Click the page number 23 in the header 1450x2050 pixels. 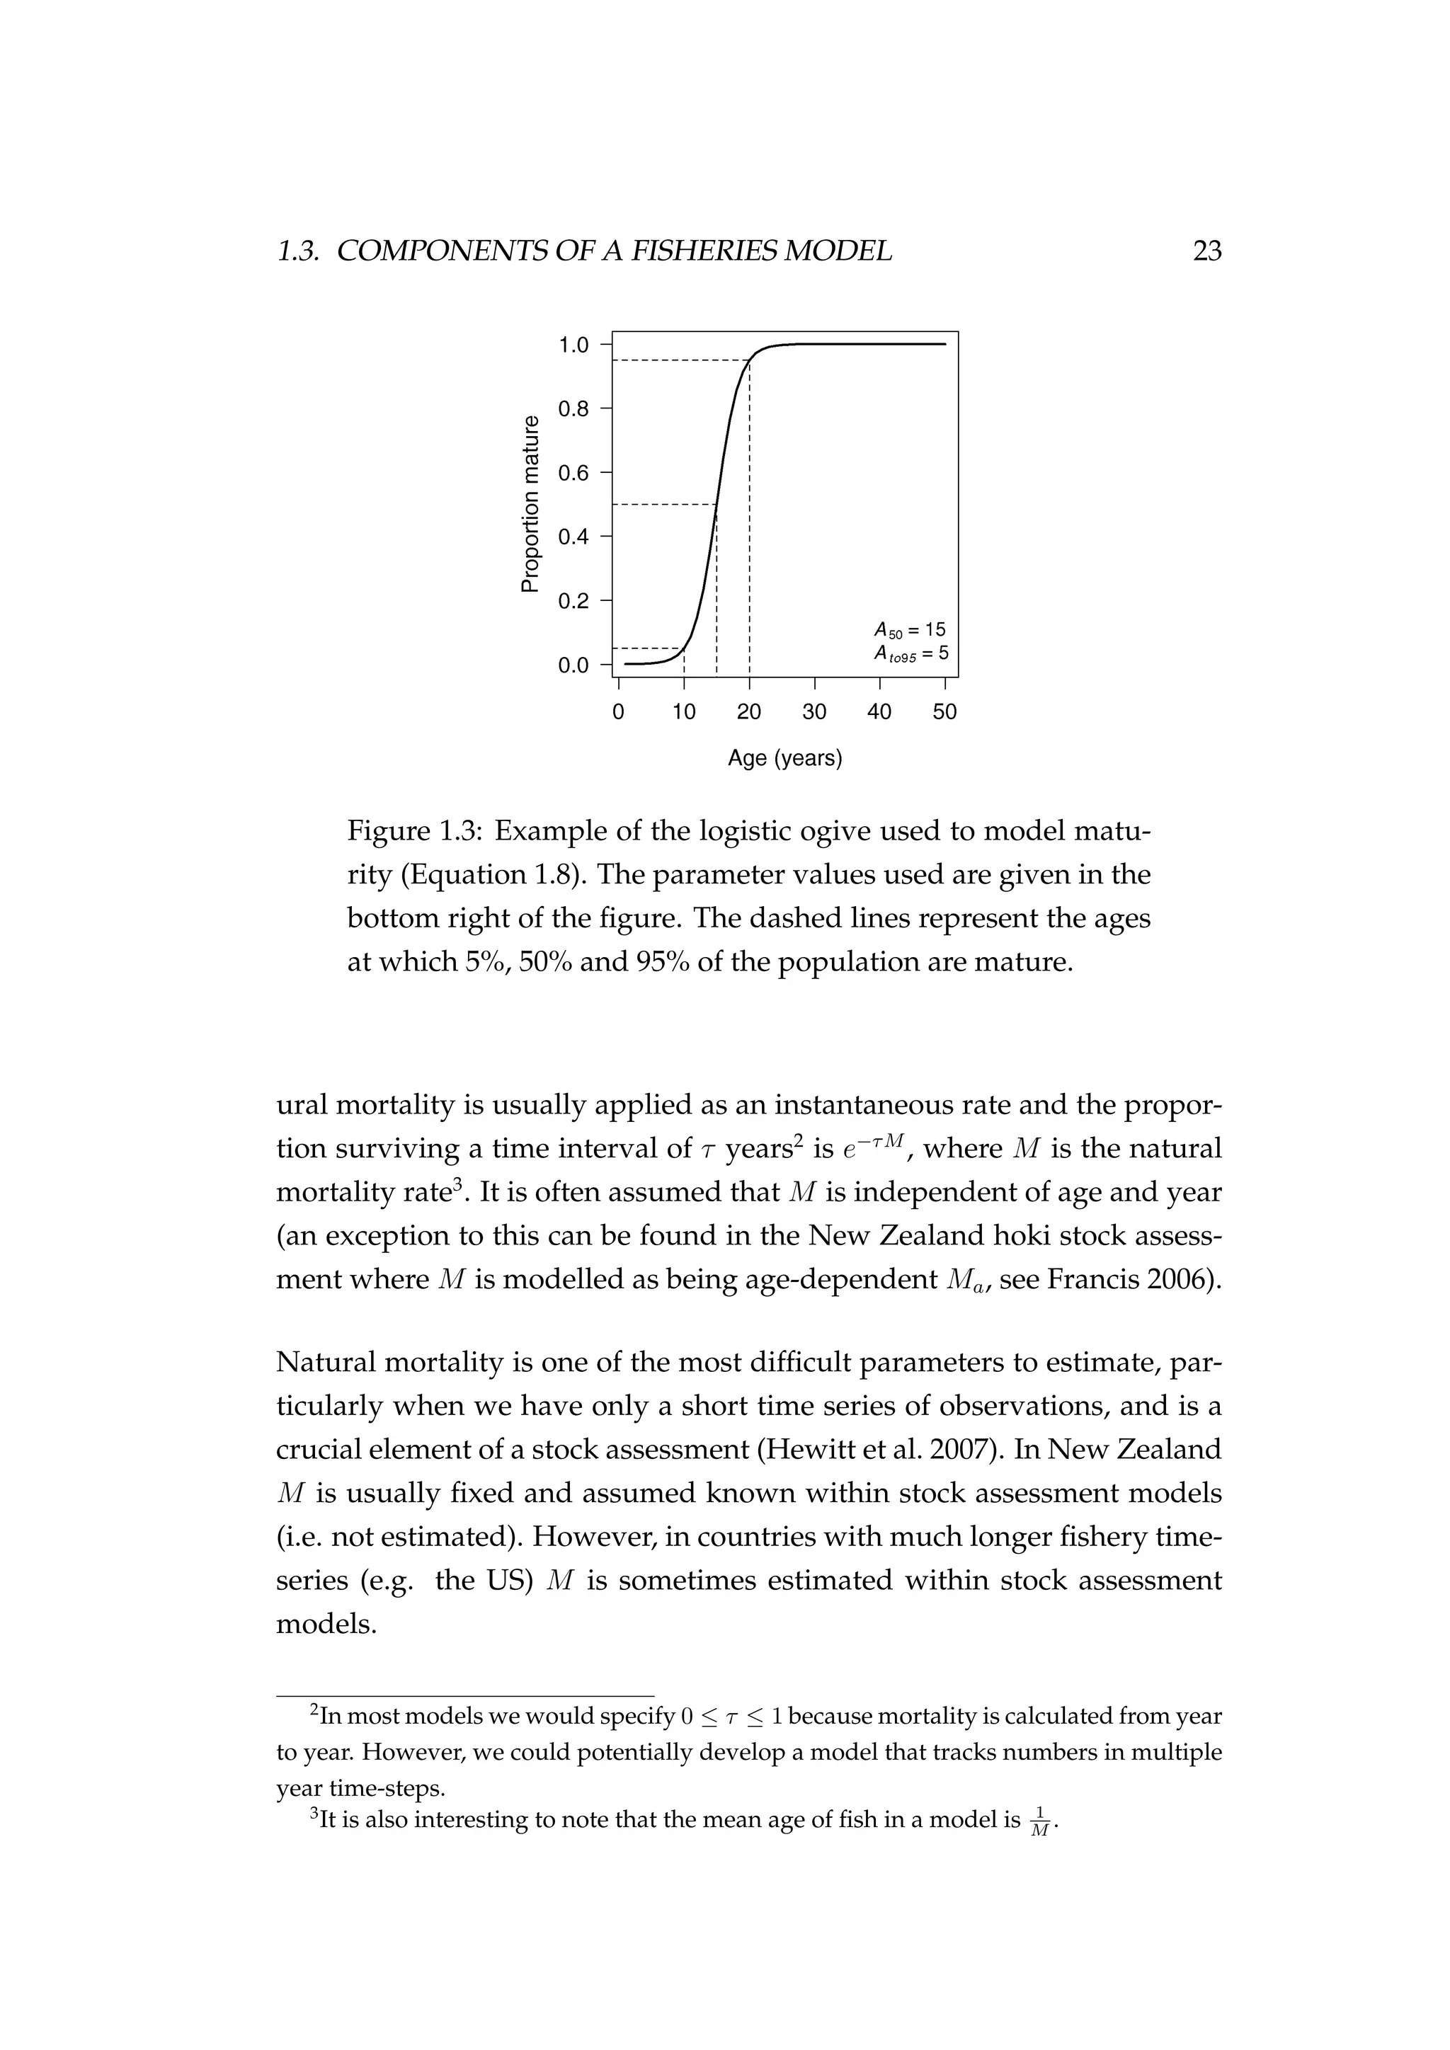1206,252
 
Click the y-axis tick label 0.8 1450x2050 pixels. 573,409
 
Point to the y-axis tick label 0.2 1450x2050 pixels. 573,601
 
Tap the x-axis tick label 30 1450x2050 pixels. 814,711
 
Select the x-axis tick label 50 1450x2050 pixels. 944,711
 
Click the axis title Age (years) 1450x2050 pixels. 784,759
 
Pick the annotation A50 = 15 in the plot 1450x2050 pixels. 909,629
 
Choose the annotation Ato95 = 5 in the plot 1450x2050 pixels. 910,653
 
